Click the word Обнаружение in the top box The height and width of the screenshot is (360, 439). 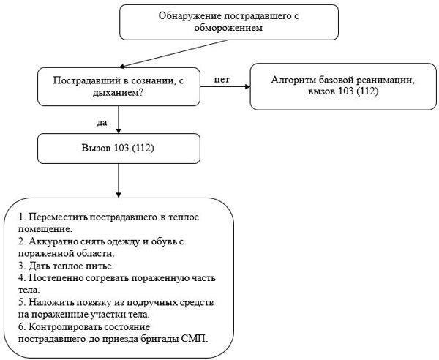(190, 16)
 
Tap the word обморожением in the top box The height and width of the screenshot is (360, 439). (229, 28)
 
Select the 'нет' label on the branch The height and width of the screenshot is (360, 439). (222, 80)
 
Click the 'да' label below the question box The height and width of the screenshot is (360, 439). (102, 123)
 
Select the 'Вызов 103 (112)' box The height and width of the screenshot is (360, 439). (119, 149)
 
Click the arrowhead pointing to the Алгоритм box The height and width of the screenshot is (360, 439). (247, 87)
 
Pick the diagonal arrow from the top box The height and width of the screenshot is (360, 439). (173, 53)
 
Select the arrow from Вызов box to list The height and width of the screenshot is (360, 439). (119, 181)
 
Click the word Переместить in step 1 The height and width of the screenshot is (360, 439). (59, 217)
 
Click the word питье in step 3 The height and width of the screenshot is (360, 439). (99, 266)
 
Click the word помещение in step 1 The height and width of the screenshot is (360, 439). (45, 229)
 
